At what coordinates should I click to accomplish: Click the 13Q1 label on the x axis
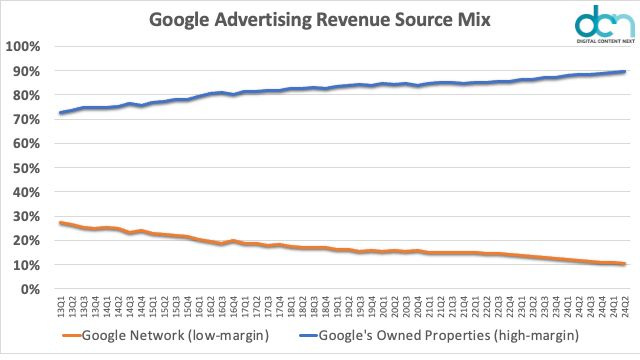pyautogui.click(x=63, y=306)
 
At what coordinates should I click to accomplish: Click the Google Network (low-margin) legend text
pyautogui.click(x=180, y=341)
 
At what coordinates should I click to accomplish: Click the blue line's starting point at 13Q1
pyautogui.click(x=62, y=113)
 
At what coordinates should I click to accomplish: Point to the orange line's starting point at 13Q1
pyautogui.click(x=62, y=223)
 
